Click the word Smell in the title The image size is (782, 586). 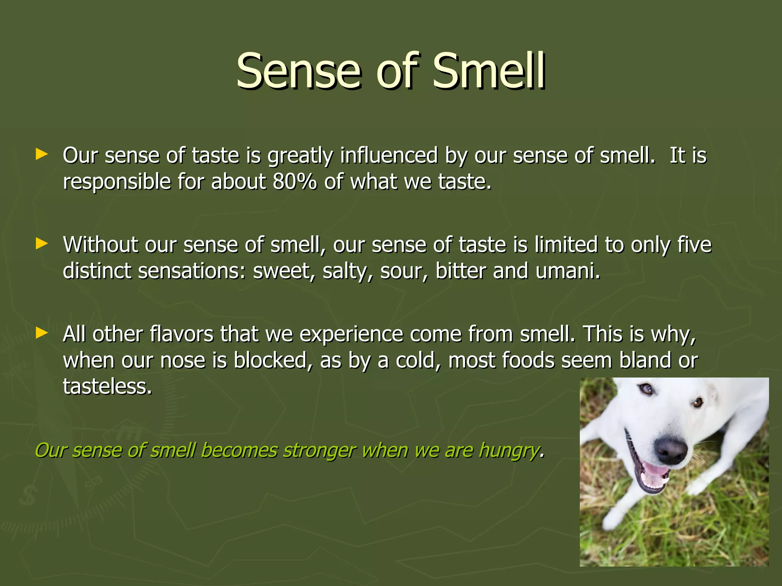(489, 71)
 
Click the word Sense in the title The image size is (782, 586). (298, 71)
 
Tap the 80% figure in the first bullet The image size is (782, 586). (294, 182)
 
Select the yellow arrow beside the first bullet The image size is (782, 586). (41, 155)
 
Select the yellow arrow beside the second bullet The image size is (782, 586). (41, 243)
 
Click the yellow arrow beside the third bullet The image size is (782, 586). (41, 333)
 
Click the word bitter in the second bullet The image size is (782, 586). (461, 271)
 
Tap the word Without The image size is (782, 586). (100, 245)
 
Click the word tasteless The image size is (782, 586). (107, 386)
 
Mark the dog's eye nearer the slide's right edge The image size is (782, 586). (698, 402)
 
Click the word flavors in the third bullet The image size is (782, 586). (181, 334)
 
